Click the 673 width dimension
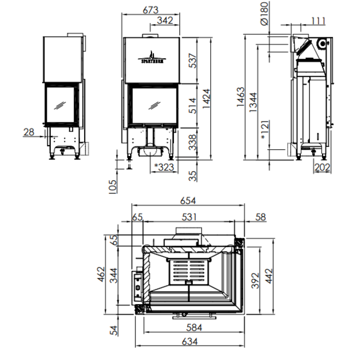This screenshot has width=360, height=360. coord(150,10)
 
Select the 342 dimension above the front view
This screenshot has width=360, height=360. coord(165,21)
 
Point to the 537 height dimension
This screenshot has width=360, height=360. coord(192,60)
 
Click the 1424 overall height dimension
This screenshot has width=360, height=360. coord(206,98)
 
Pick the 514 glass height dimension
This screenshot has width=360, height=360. coord(192,106)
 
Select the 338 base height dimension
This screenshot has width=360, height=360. coord(192,142)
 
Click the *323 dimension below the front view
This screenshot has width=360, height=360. coord(164,167)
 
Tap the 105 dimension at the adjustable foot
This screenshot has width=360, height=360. coord(112,187)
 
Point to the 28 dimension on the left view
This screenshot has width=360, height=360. coord(29,132)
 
